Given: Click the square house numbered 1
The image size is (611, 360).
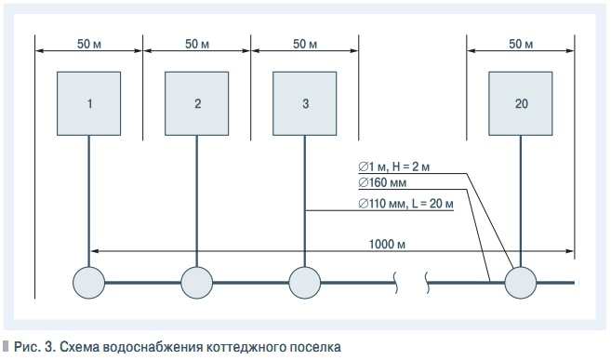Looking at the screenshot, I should click(89, 102).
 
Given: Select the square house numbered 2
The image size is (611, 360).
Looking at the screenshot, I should click(197, 102).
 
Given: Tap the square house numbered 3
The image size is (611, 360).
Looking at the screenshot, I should click(305, 102).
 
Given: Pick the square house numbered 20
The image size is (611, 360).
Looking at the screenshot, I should click(521, 102).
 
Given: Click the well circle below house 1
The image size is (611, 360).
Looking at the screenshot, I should click(89, 281).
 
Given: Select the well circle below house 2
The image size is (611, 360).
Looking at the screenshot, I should click(197, 281).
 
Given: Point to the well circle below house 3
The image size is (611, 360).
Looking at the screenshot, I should click(305, 281).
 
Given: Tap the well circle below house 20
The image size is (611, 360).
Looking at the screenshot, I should click(521, 281).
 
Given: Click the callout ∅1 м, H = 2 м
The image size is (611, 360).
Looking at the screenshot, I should click(396, 167).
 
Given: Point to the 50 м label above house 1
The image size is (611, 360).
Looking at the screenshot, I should click(89, 44).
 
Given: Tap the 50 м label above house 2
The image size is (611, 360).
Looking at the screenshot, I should click(197, 44).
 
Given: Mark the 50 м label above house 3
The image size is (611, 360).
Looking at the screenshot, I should click(305, 44).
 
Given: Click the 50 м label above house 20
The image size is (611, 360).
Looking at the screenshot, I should click(521, 44).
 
